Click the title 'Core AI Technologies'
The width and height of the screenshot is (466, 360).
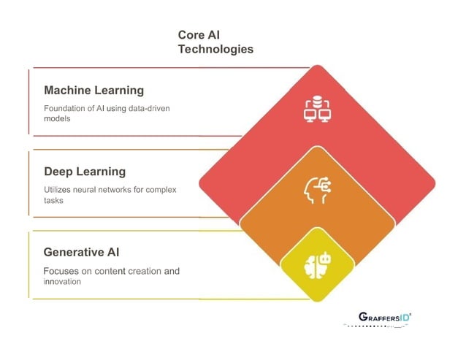pyautogui.click(x=215, y=42)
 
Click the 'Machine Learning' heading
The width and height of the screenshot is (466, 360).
pyautogui.click(x=93, y=91)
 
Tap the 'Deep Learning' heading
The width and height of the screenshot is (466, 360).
pyautogui.click(x=85, y=172)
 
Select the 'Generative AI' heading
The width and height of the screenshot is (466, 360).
pyautogui.click(x=81, y=253)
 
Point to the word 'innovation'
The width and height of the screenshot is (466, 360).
pyautogui.click(x=64, y=282)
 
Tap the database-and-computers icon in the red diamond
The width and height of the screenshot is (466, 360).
pyautogui.click(x=316, y=109)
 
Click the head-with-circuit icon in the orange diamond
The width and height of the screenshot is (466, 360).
pyautogui.click(x=316, y=191)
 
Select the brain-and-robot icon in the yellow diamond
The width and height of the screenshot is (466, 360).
pyautogui.click(x=316, y=263)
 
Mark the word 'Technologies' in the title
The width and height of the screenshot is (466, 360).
pyautogui.click(x=215, y=50)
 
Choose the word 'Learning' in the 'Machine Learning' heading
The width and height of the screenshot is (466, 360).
pyautogui.click(x=118, y=91)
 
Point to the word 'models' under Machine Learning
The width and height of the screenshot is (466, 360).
pyautogui.click(x=58, y=119)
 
